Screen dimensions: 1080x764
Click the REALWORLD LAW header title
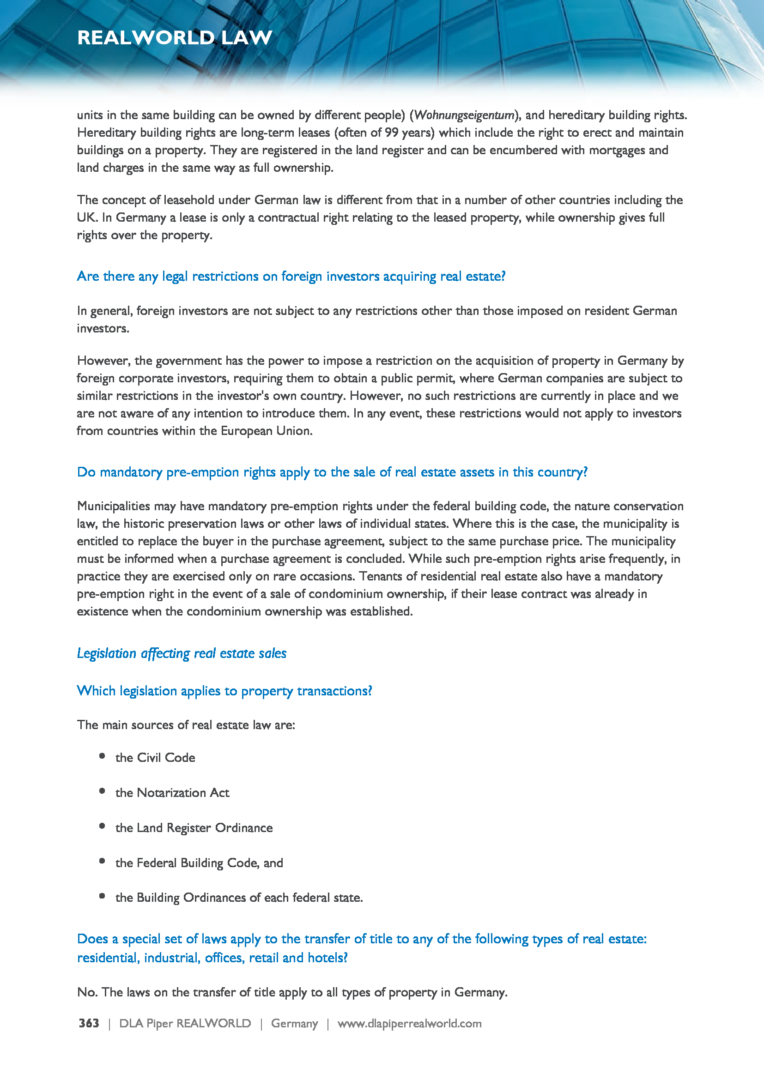click(175, 37)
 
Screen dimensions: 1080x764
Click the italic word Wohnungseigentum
click(464, 115)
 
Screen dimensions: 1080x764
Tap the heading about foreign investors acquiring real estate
click(291, 276)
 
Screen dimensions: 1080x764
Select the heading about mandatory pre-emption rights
click(332, 472)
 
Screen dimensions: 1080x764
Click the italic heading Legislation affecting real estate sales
click(182, 653)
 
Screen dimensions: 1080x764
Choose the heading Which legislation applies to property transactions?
click(224, 691)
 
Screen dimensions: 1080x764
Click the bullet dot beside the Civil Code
click(102, 756)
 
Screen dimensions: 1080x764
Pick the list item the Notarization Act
click(172, 793)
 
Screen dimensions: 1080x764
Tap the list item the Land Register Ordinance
click(194, 828)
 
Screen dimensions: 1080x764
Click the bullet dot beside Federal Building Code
click(102, 861)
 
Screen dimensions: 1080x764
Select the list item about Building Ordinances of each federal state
click(239, 898)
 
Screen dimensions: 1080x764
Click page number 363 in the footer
click(89, 1024)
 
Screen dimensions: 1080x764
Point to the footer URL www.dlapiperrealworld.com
click(409, 1024)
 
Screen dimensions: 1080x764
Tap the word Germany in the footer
click(295, 1024)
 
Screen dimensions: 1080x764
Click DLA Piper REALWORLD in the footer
click(185, 1024)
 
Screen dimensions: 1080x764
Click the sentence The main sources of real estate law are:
click(186, 725)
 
